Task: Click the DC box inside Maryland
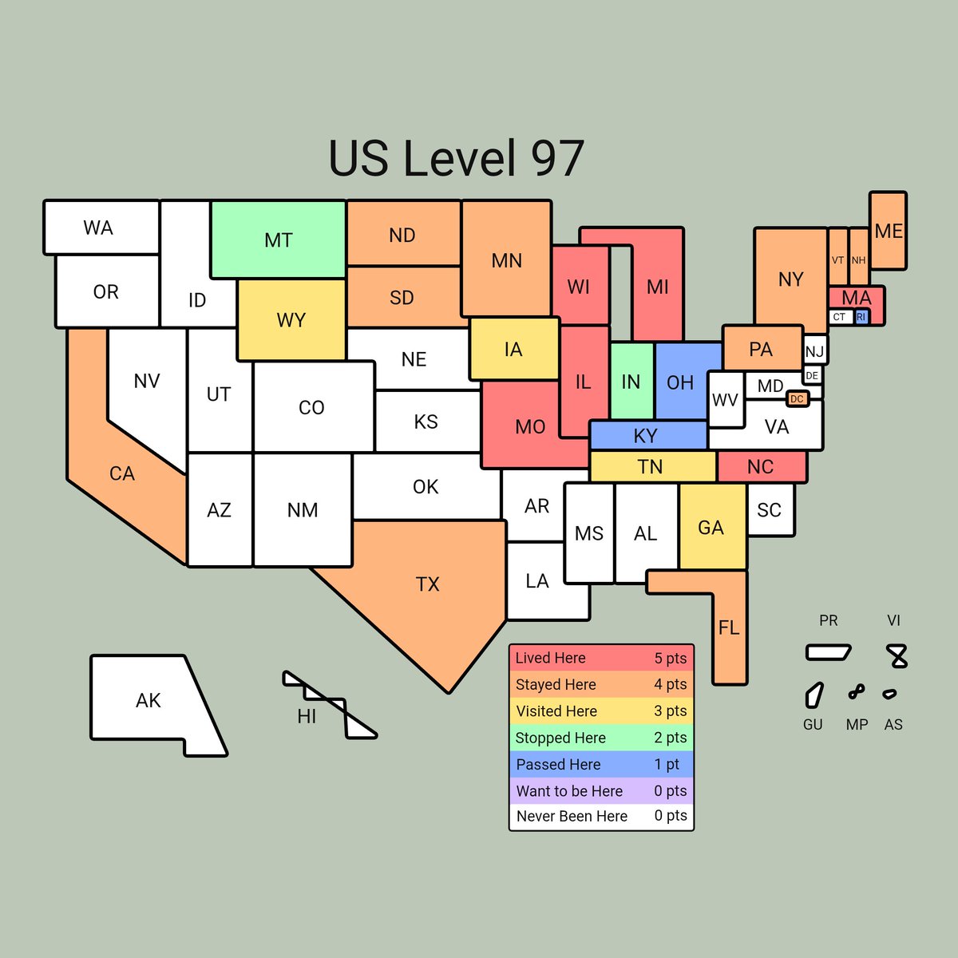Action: pos(797,399)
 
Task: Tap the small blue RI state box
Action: pos(861,317)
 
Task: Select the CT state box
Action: pos(839,317)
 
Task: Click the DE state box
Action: pos(812,375)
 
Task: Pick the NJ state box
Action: pos(814,351)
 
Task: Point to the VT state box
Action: pos(837,257)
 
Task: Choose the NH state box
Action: pos(858,257)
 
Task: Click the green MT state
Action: pos(278,239)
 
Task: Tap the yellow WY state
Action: pos(291,320)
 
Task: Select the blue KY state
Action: pos(647,436)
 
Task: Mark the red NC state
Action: pos(761,467)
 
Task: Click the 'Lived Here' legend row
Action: pos(601,659)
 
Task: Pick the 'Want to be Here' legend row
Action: pos(601,791)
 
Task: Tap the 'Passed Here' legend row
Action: pos(601,765)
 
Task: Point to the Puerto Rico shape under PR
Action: pos(828,652)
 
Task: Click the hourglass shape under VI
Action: pos(898,656)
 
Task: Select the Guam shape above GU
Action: pos(814,695)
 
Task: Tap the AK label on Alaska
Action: pos(148,701)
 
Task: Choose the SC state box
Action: pos(770,510)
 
